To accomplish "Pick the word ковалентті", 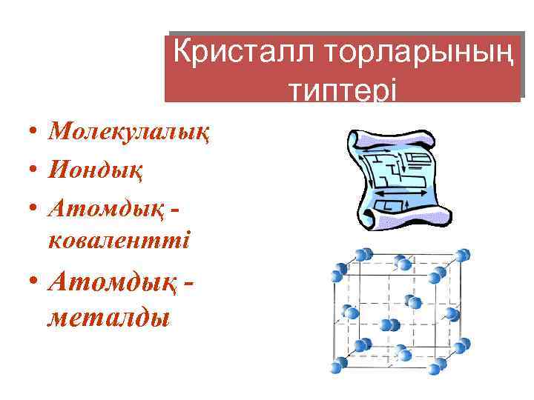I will coord(119,241).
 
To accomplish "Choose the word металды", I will coord(108,318).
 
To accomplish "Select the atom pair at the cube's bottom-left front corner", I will coord(338,364).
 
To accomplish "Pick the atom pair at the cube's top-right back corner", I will coord(463,256).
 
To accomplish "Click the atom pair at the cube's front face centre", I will coord(389,324).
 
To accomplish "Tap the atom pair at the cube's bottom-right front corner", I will coord(441,364).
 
